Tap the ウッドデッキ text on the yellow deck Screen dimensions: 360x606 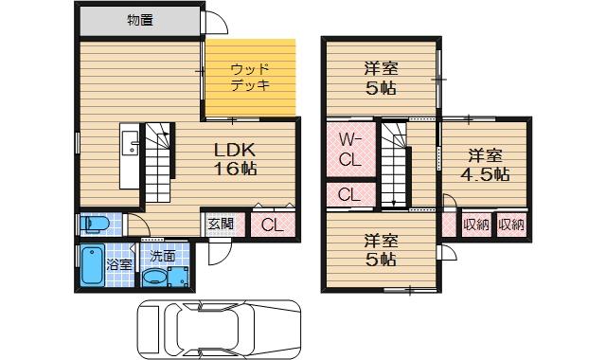251,76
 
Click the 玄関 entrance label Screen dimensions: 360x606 221,225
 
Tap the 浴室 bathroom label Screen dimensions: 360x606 119,264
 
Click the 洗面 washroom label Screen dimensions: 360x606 162,255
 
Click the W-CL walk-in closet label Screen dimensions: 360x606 348,151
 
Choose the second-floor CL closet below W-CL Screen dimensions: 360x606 348,195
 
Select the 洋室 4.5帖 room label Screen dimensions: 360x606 485,165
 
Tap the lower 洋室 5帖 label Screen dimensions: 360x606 381,249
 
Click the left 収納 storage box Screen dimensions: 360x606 475,225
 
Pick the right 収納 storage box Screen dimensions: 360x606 510,225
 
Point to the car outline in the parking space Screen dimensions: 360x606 218,328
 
